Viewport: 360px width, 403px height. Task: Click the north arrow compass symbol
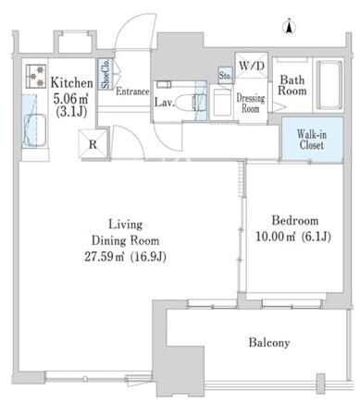pyautogui.click(x=289, y=27)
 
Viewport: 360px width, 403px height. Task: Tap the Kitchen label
pyautogui.click(x=71, y=82)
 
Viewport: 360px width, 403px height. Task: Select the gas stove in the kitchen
pyautogui.click(x=36, y=75)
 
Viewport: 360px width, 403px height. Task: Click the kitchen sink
pyautogui.click(x=34, y=130)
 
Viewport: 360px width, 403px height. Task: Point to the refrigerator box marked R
pyautogui.click(x=93, y=144)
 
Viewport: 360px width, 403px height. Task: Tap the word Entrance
pyautogui.click(x=132, y=92)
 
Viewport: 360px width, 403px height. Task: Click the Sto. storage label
pyautogui.click(x=225, y=75)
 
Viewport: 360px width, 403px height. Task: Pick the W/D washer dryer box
pyautogui.click(x=252, y=66)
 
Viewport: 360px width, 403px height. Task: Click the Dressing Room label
pyautogui.click(x=251, y=104)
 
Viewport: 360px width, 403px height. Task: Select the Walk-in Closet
pyautogui.click(x=312, y=140)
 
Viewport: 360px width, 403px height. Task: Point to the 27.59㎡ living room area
pyautogui.click(x=104, y=257)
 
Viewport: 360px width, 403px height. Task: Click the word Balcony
pyautogui.click(x=269, y=342)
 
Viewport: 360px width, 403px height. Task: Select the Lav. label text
pyautogui.click(x=165, y=103)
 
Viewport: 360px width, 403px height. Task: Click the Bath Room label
pyautogui.click(x=292, y=85)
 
